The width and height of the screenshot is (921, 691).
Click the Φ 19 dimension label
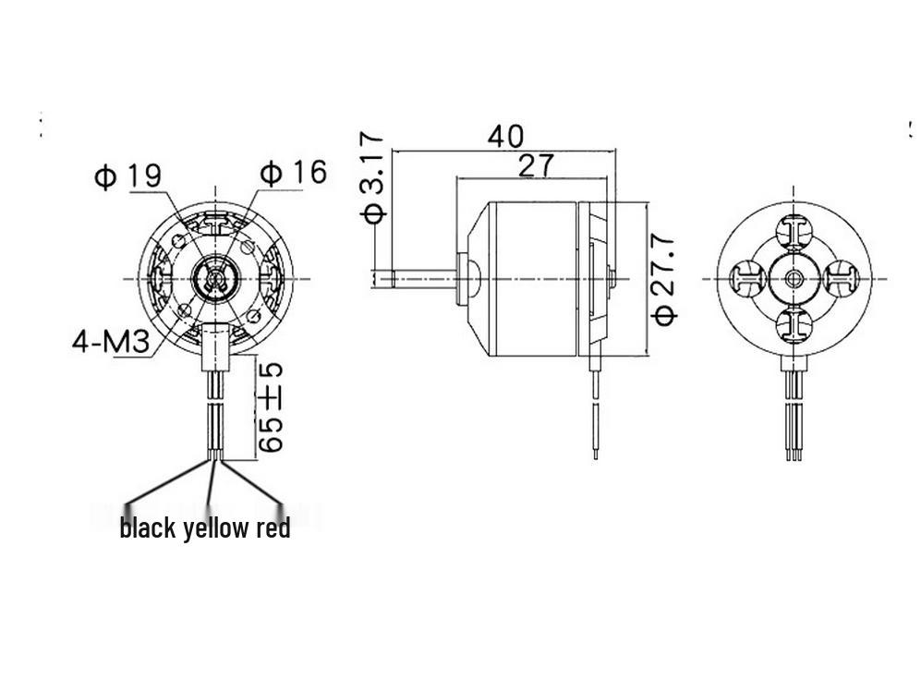127,176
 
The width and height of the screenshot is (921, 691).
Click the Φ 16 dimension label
293,172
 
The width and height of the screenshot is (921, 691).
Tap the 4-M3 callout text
111,342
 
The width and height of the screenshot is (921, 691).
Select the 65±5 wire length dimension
271,407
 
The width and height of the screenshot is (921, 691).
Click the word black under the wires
148,527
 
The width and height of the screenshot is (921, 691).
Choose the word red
273,527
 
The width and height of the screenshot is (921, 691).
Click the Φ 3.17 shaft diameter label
372,178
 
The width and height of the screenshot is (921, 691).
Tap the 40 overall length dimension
505,137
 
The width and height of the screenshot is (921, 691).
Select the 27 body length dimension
535,165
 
